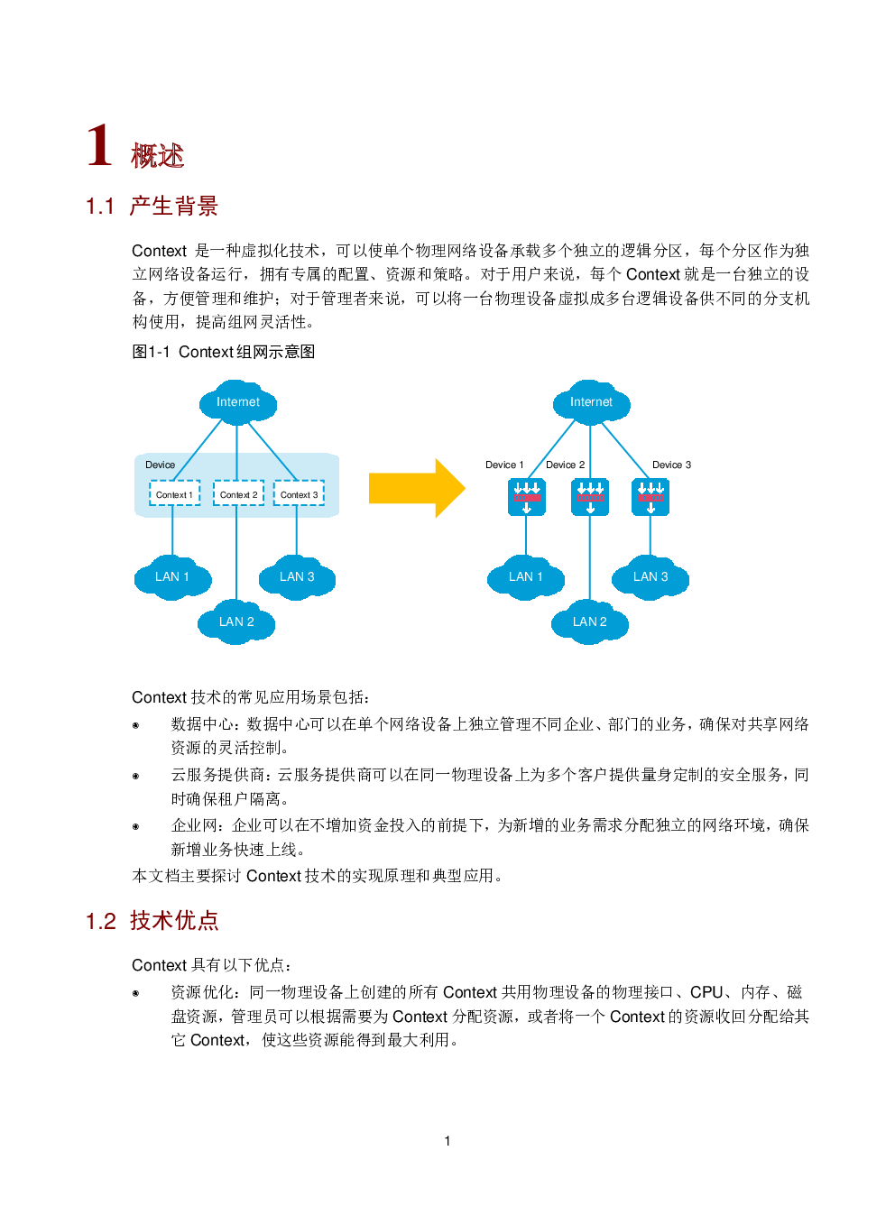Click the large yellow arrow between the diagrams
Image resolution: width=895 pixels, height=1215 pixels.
click(417, 488)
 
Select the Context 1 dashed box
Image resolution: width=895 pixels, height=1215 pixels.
click(175, 493)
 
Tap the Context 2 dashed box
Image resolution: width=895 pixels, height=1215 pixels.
click(239, 493)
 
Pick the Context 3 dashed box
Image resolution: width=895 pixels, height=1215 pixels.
click(299, 493)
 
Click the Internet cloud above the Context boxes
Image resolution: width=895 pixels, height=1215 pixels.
click(238, 402)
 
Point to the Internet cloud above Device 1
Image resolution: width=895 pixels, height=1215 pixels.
click(591, 402)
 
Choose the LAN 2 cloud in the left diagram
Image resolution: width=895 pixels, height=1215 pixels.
click(236, 621)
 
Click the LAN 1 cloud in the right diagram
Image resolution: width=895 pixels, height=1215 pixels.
click(526, 577)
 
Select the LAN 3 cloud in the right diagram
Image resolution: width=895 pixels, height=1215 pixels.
click(650, 577)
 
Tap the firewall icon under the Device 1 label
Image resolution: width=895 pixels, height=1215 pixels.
click(527, 497)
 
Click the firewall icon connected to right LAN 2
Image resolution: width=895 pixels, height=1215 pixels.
click(590, 497)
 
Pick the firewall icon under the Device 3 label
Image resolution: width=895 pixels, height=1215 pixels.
click(650, 497)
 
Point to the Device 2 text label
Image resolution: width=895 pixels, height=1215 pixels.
click(565, 465)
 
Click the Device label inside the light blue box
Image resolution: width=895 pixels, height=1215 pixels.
click(160, 465)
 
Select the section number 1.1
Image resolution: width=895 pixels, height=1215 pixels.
click(100, 207)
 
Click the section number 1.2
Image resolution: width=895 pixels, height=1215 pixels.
click(101, 922)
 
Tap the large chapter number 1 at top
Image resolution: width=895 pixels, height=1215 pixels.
click(100, 144)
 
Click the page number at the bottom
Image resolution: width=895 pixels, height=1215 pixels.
click(447, 1141)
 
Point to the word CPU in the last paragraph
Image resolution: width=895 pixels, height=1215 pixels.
click(706, 992)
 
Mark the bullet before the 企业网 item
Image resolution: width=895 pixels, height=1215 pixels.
click(135, 826)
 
